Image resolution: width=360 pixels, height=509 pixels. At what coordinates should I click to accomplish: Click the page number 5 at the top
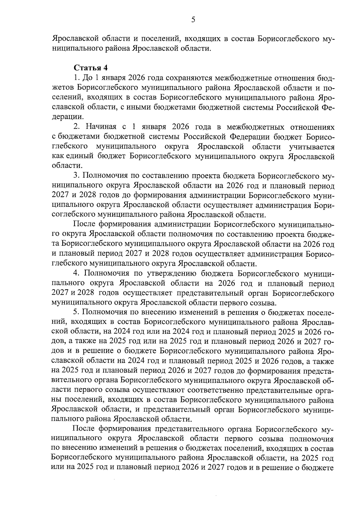tap(193, 20)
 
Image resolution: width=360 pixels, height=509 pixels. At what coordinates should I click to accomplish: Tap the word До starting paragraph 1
tap(87, 78)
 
